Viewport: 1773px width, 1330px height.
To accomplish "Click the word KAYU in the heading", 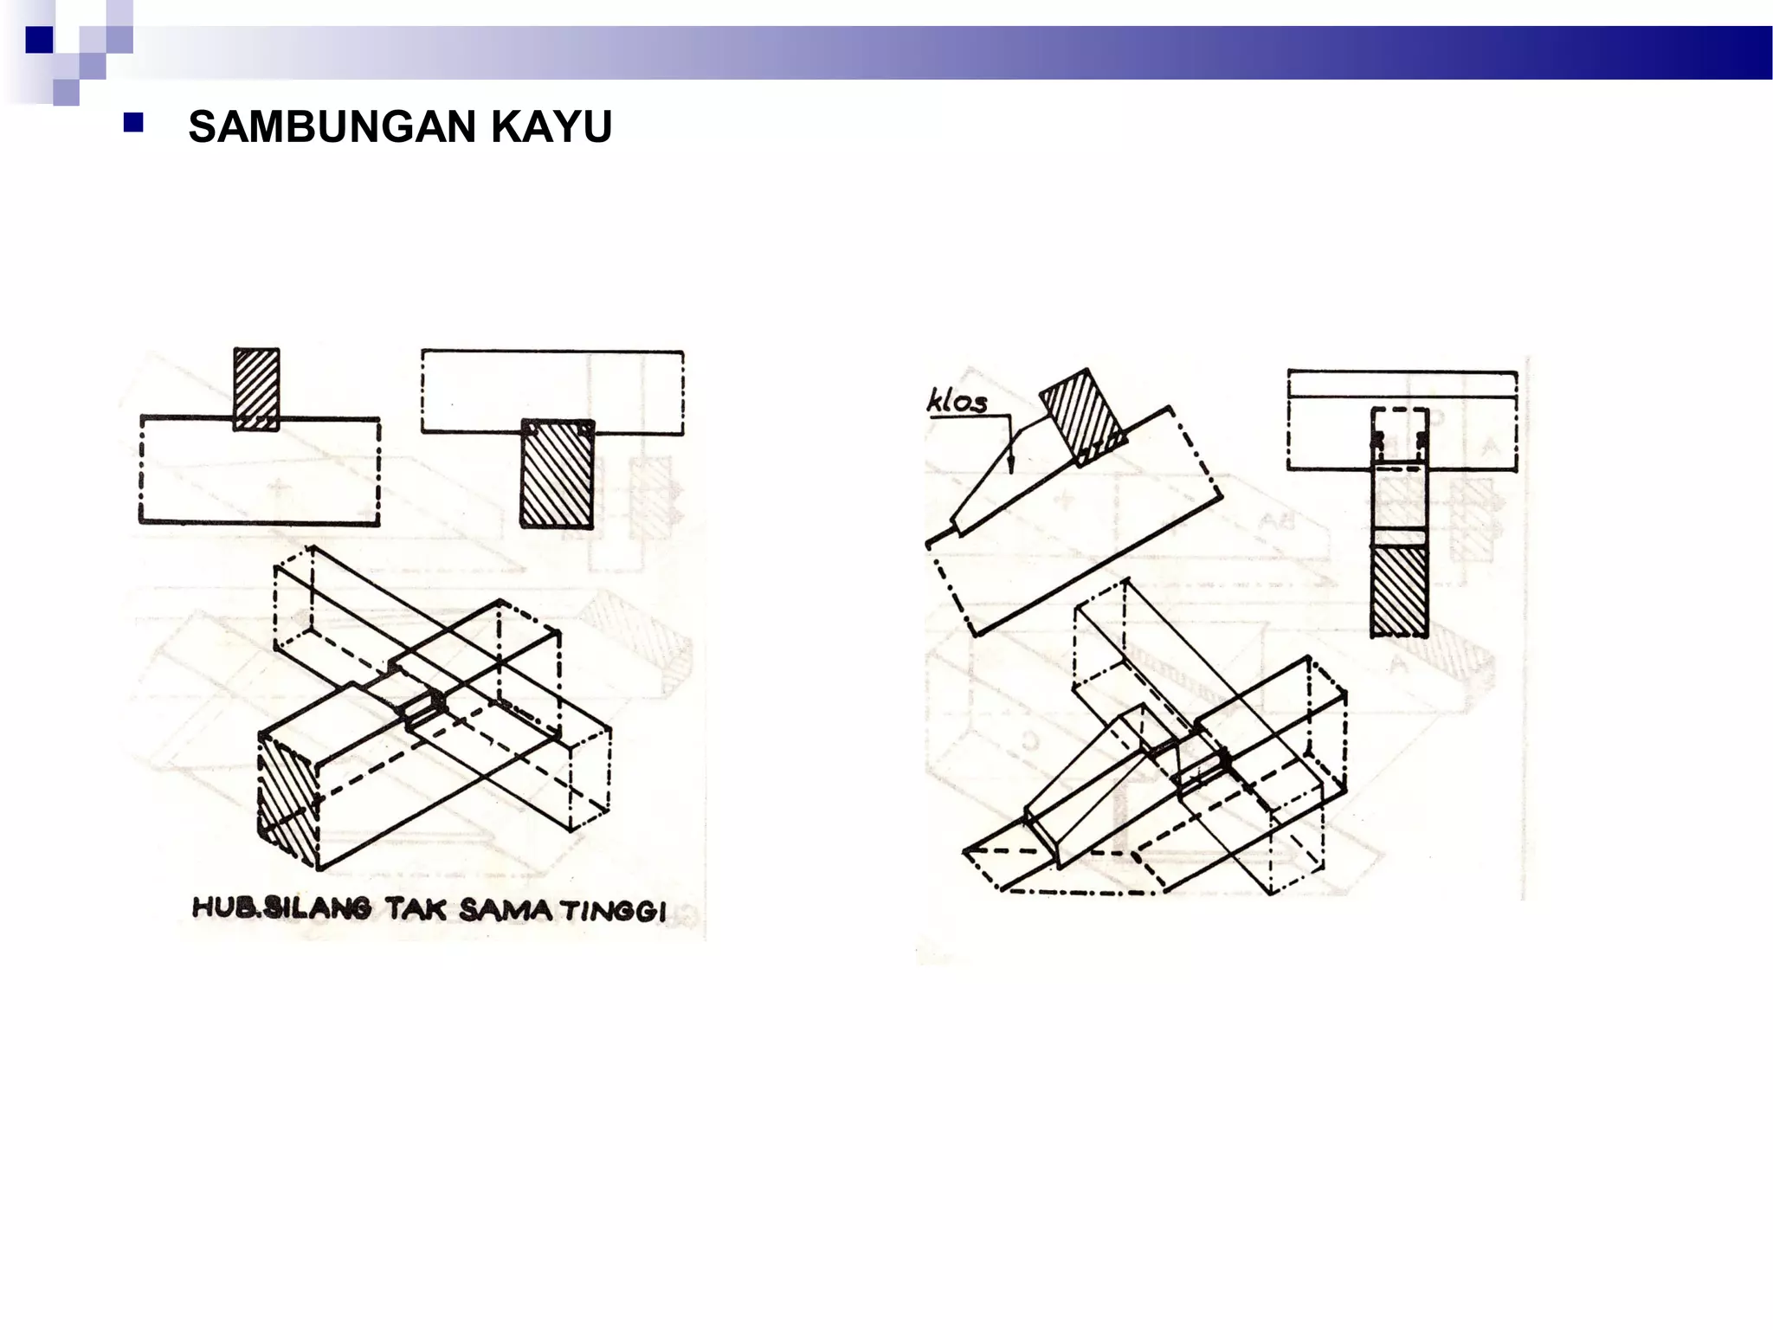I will pyautogui.click(x=551, y=127).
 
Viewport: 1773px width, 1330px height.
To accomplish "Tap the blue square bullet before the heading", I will pyautogui.click(x=133, y=123).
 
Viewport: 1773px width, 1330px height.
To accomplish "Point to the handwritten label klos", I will pyautogui.click(x=957, y=401).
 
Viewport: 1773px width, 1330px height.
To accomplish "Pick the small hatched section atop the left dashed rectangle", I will pyautogui.click(x=256, y=388).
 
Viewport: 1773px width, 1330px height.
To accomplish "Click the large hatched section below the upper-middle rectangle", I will pyautogui.click(x=557, y=475).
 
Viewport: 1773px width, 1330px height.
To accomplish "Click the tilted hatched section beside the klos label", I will pyautogui.click(x=1082, y=416).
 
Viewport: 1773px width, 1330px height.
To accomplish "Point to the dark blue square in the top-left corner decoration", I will pyautogui.click(x=39, y=40).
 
